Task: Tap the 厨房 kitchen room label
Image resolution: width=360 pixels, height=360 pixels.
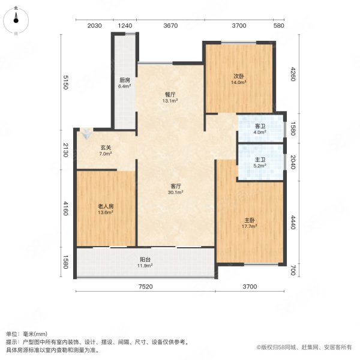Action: click(x=125, y=80)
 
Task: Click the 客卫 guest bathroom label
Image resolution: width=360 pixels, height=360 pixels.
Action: click(x=260, y=126)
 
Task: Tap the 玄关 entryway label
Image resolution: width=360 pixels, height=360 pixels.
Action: click(x=106, y=148)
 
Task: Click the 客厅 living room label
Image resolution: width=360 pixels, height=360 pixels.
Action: click(x=175, y=186)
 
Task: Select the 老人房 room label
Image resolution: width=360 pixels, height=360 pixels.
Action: click(x=106, y=206)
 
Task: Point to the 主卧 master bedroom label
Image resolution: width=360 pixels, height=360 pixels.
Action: click(x=250, y=220)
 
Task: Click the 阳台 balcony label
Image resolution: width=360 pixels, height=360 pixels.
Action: click(x=145, y=259)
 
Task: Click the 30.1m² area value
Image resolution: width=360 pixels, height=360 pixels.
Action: click(x=175, y=193)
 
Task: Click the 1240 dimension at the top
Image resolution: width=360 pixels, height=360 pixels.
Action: click(x=125, y=25)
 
